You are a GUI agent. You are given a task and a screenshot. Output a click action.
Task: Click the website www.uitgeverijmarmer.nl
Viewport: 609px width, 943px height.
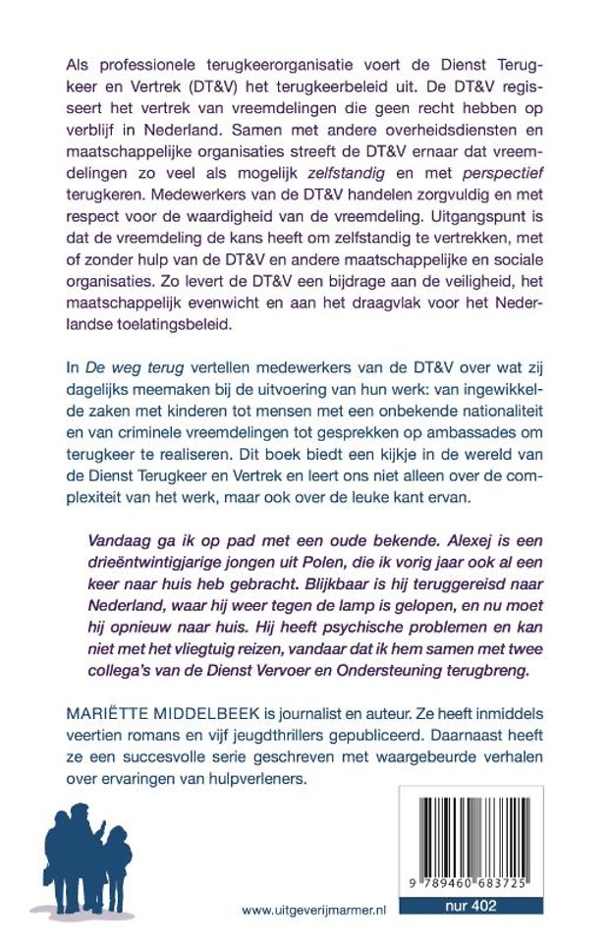(x=313, y=911)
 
